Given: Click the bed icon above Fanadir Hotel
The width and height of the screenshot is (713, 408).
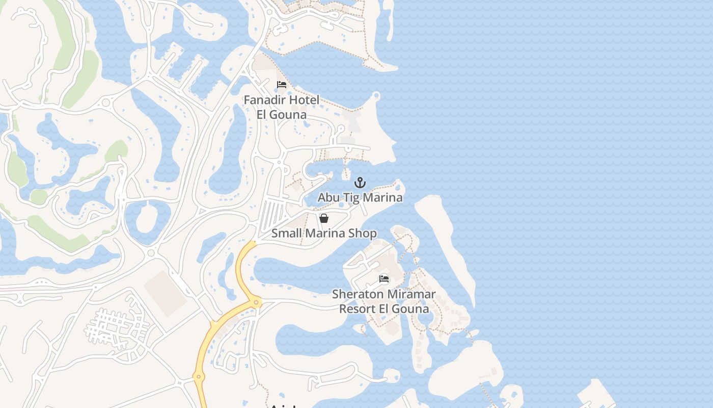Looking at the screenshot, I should tap(282, 85).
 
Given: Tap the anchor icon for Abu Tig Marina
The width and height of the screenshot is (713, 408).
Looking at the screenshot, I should tap(360, 183).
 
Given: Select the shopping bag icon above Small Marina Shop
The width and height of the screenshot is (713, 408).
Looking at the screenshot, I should tap(323, 218).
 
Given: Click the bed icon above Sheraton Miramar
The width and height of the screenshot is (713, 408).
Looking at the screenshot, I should tap(384, 279).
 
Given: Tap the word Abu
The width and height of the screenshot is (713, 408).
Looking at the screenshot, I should tap(329, 197).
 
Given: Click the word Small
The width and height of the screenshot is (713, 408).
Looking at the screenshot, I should tap(286, 234).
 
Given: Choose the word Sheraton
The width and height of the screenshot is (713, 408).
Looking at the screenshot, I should tap(358, 294).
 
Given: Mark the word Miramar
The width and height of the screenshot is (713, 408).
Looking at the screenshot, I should tap(412, 294).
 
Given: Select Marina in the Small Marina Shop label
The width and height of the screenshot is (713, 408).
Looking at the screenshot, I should tap(326, 234).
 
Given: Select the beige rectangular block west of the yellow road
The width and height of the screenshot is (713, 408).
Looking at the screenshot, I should tap(165, 293).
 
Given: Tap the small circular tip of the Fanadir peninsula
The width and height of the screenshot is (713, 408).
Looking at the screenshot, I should tap(376, 95).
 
